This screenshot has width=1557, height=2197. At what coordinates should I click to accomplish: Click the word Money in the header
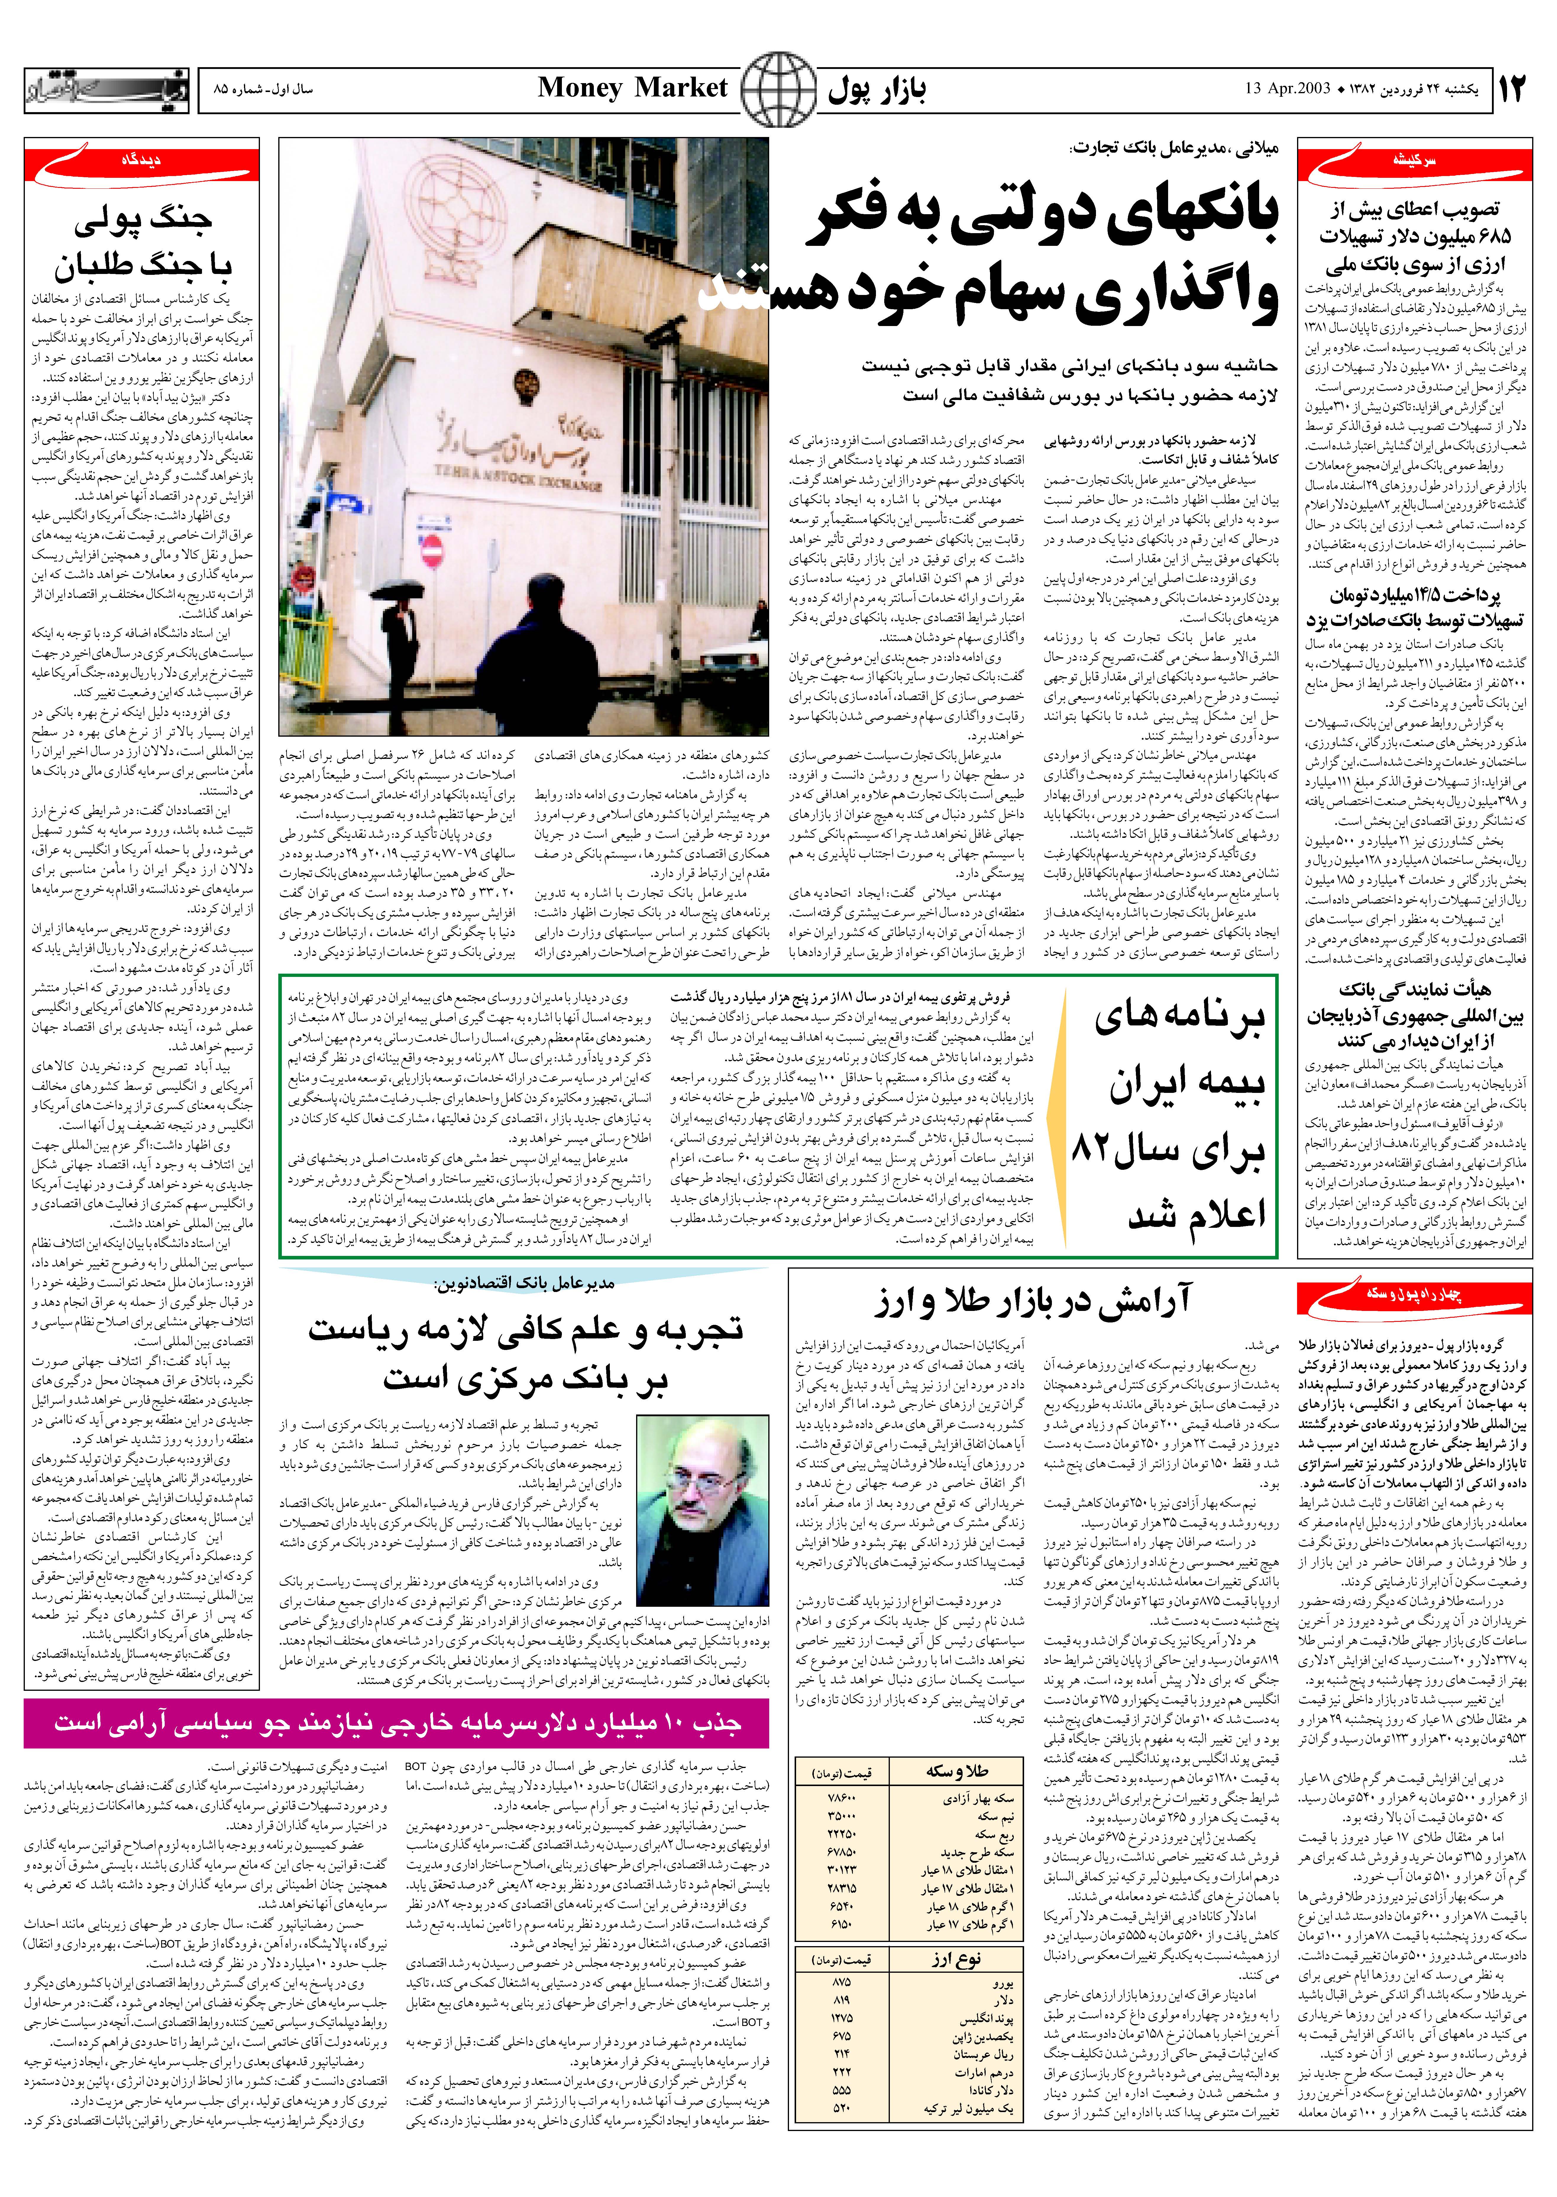580,88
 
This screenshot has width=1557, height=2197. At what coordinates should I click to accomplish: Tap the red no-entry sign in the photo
432,549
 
